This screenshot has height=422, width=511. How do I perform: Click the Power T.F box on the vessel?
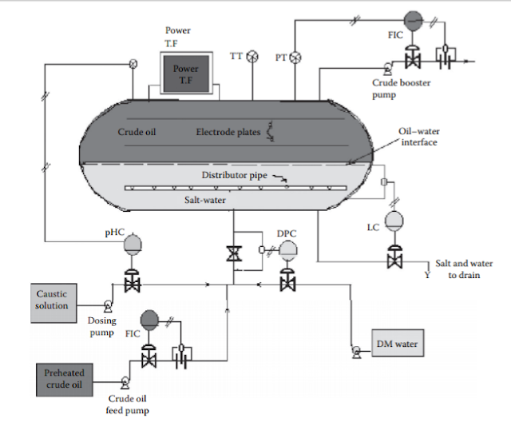(x=186, y=74)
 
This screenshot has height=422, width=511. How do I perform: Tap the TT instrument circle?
(x=253, y=56)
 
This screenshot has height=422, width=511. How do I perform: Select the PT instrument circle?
(x=295, y=56)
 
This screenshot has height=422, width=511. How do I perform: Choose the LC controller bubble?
(x=394, y=221)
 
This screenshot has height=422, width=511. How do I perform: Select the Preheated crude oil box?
(x=64, y=378)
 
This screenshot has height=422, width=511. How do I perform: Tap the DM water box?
(x=397, y=344)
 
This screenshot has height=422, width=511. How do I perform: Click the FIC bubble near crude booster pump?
(x=413, y=19)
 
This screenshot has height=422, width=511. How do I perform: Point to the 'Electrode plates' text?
(x=228, y=132)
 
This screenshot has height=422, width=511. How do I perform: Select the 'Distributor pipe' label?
(x=234, y=174)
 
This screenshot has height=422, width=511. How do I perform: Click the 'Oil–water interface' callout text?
(x=420, y=136)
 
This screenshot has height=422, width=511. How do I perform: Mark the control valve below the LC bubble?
(x=394, y=259)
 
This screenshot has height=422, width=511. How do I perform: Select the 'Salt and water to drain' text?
(x=465, y=268)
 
